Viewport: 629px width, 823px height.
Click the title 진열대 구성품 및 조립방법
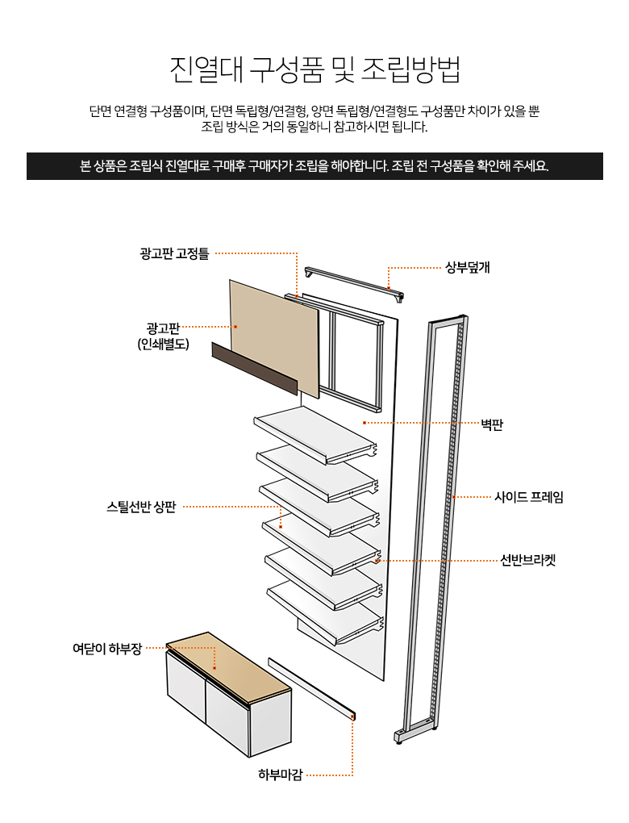(314, 69)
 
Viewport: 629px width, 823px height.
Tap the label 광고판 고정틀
(174, 253)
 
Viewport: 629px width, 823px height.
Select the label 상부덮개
(468, 268)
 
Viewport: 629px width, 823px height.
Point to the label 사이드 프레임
(528, 497)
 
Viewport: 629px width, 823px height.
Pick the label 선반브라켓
(527, 560)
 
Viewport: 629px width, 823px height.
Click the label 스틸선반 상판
(141, 507)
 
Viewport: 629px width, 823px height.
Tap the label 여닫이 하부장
(107, 648)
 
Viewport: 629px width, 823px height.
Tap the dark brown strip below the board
(254, 367)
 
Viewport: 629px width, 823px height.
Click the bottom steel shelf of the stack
(323, 609)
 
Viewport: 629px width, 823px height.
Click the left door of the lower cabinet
(185, 686)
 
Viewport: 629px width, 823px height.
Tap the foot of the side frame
(399, 736)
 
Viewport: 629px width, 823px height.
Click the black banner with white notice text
(314, 166)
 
